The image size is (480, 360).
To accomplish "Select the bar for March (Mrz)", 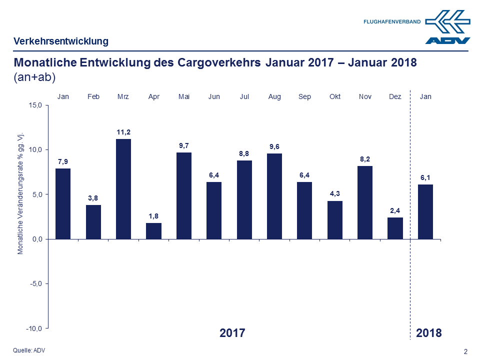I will (123, 189).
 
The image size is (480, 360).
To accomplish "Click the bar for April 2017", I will (153, 231).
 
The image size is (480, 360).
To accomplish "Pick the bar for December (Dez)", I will (395, 228).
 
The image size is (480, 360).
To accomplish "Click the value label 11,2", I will (123, 132).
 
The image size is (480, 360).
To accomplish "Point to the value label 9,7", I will (184, 145).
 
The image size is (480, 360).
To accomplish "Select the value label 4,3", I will (334, 193).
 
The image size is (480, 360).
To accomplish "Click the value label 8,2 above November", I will (365, 158).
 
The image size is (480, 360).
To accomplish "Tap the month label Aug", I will (274, 96).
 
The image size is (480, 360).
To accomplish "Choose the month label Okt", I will (334, 96).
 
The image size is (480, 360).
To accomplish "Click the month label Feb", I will (93, 96).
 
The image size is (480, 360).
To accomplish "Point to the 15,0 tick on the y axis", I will (35, 105).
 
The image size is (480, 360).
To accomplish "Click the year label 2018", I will (429, 333).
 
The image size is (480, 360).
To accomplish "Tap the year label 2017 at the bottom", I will (232, 333).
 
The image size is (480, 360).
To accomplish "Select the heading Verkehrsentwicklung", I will (61, 41).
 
